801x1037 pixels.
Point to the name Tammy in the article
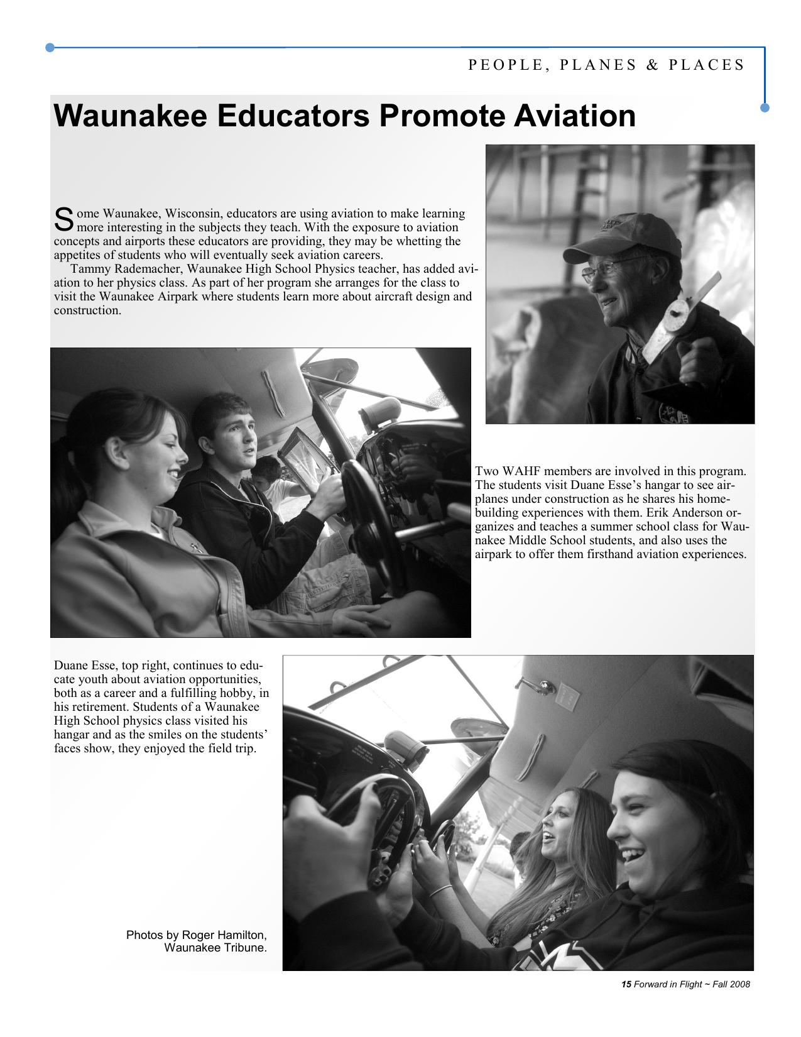tap(90, 269)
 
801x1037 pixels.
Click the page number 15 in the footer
tap(626, 984)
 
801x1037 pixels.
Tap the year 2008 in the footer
tap(739, 984)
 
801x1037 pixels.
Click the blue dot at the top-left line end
tap(50, 47)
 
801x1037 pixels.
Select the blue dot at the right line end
tap(765, 107)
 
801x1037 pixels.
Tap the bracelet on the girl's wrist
tap(440, 889)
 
